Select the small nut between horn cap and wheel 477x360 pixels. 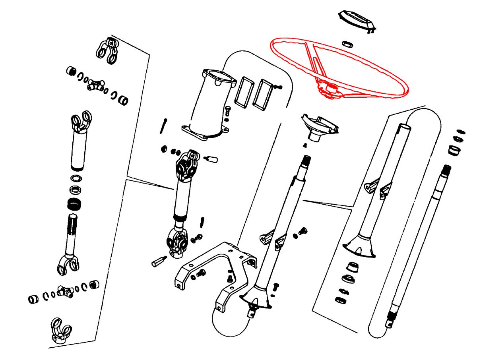click(x=346, y=43)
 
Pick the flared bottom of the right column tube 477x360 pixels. click(x=360, y=246)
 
